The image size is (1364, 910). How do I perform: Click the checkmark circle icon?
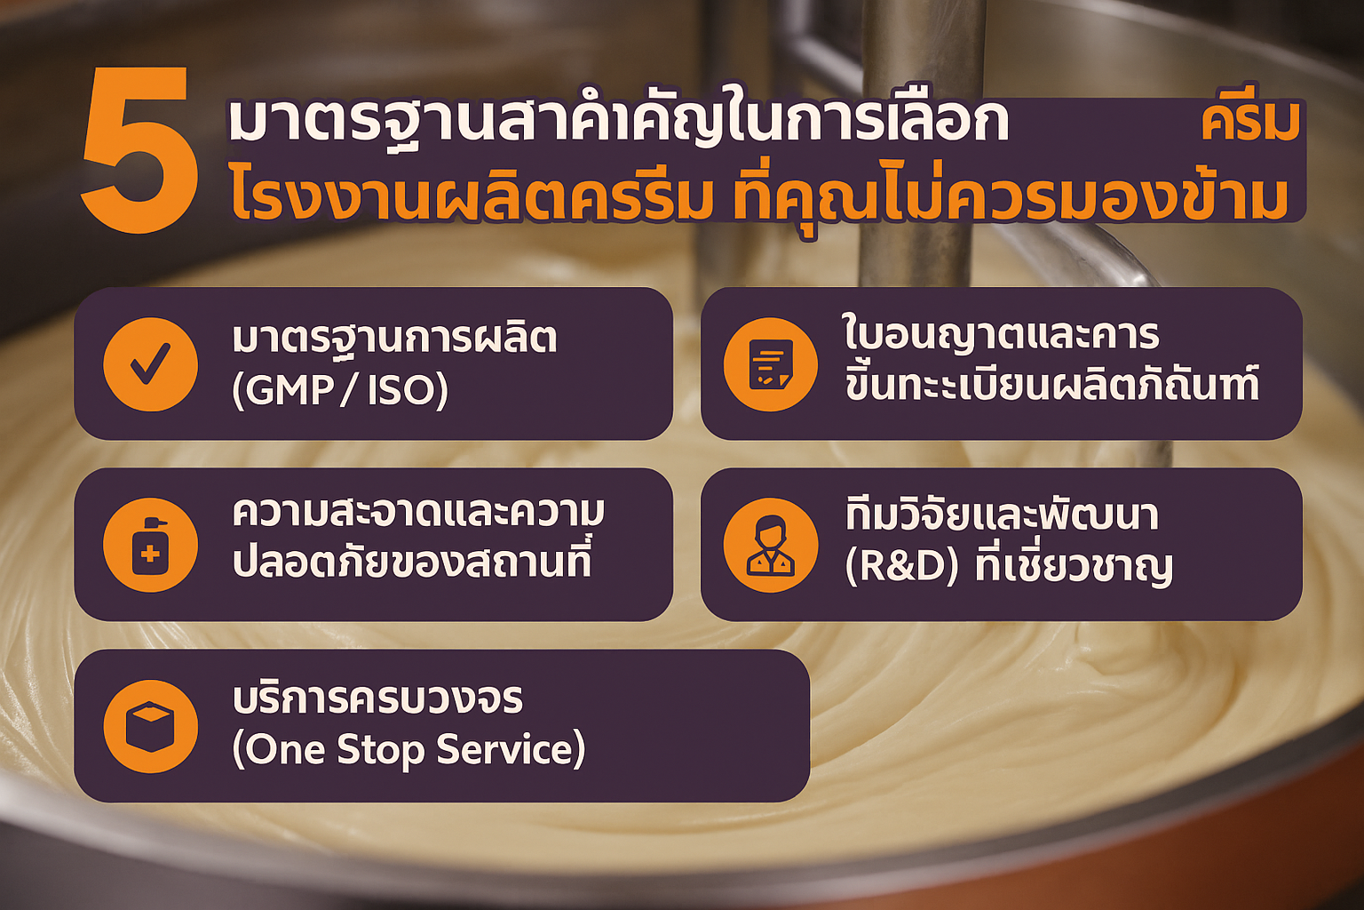pos(150,363)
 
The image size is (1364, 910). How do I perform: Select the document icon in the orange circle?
pos(770,363)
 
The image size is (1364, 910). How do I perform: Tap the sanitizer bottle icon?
pos(150,544)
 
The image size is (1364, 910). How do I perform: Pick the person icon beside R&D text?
pos(770,544)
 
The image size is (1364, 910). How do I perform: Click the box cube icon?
pos(150,726)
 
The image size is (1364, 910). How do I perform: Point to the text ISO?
pos(402,390)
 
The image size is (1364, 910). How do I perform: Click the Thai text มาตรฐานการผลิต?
pos(394,339)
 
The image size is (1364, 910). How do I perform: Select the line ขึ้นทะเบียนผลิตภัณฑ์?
pos(1051,385)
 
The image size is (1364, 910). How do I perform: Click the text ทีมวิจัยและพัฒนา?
pos(1002,515)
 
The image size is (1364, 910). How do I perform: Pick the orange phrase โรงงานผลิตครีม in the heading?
pos(472,198)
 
